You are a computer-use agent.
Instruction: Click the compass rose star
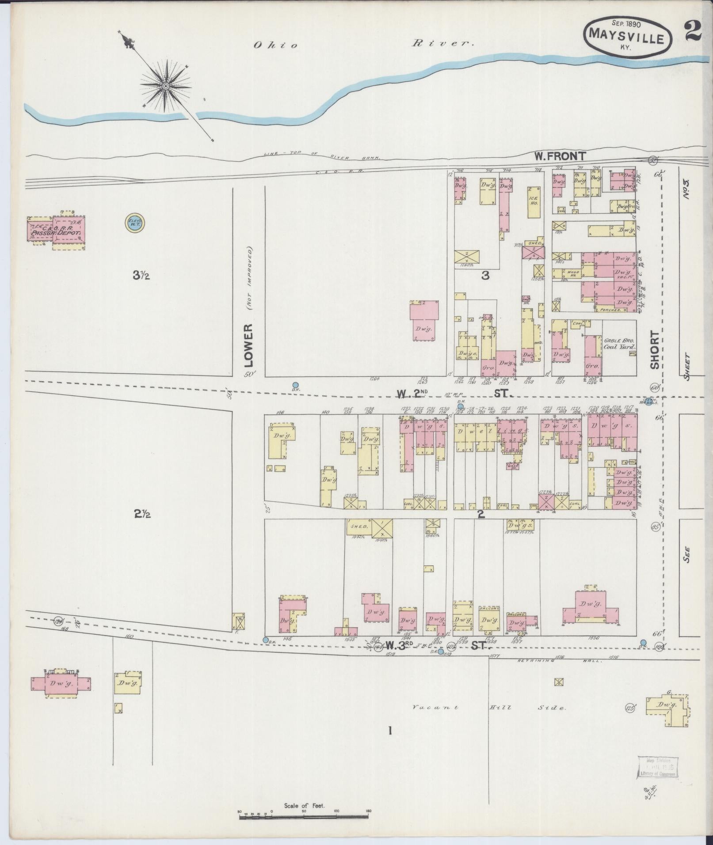coord(166,86)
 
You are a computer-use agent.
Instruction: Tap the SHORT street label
coord(655,350)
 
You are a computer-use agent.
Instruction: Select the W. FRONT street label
coord(560,156)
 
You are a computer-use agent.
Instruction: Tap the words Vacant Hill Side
coord(488,707)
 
